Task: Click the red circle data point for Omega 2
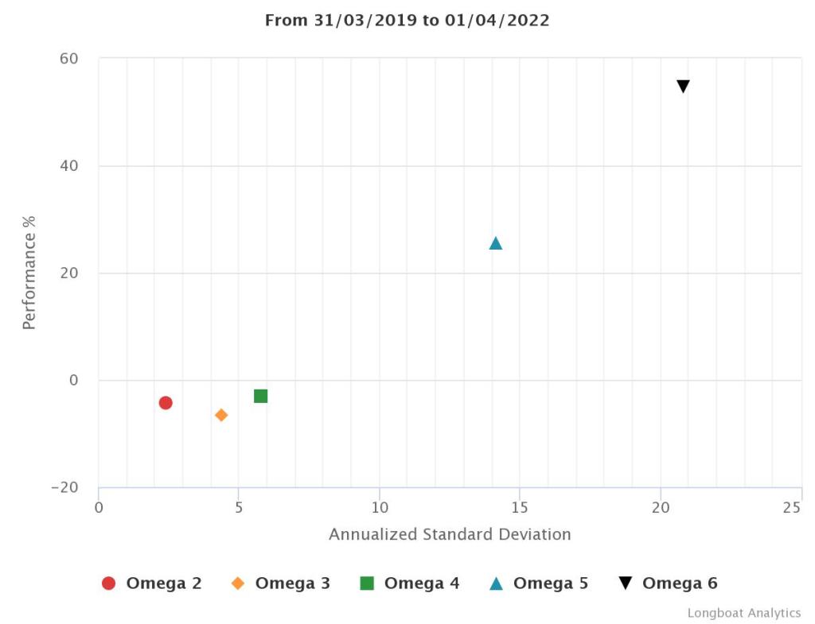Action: [x=166, y=403]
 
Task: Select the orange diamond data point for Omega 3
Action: [x=221, y=415]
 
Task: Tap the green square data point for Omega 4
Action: [x=260, y=396]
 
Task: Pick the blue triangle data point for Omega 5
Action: [x=495, y=243]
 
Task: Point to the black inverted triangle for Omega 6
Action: [x=683, y=87]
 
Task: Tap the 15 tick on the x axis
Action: [x=520, y=507]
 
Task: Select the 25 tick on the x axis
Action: [x=792, y=507]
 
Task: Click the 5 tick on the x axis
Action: [x=239, y=507]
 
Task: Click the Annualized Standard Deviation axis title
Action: [x=450, y=534]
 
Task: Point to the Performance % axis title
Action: [x=29, y=272]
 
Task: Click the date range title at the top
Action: [x=407, y=21]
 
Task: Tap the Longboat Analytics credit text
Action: [x=744, y=613]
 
